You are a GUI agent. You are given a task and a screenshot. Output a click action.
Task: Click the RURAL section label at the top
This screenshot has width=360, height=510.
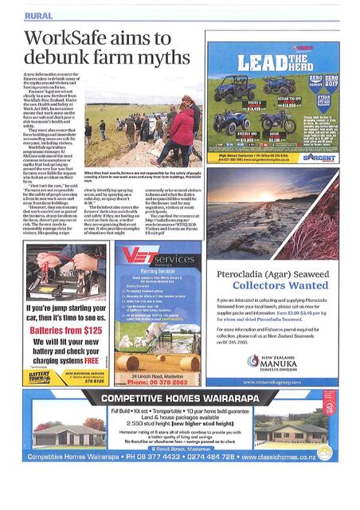(x=37, y=14)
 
